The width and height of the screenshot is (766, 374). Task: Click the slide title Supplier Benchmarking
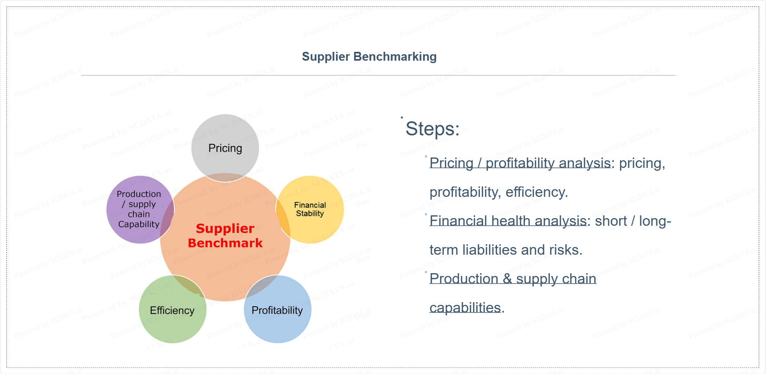369,57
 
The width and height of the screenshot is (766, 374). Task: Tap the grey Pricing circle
225,148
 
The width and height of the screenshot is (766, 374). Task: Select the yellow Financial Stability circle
310,209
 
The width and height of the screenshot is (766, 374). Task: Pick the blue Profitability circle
277,310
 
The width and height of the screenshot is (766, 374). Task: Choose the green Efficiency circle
172,311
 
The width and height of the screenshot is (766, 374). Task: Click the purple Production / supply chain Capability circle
139,209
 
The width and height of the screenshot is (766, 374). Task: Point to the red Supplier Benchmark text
225,236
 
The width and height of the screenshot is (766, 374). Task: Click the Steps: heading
432,129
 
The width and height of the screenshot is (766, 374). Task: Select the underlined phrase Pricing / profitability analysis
520,163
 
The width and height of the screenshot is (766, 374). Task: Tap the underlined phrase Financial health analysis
508,221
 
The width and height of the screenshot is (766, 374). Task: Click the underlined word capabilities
465,308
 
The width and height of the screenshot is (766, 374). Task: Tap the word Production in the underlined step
464,279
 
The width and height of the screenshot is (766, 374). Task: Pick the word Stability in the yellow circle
310,214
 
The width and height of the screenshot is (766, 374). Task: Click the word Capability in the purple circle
139,224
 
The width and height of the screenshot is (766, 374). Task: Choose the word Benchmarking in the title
395,57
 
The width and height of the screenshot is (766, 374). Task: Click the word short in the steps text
611,221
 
